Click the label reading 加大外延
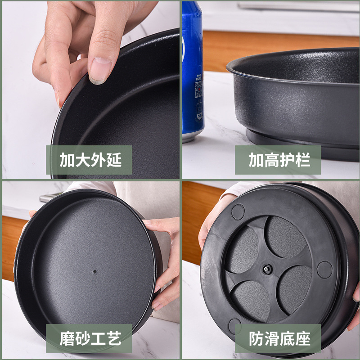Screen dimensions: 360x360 click(x=90, y=160)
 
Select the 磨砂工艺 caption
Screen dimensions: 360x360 click(x=90, y=338)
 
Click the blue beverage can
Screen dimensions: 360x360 click(x=192, y=67)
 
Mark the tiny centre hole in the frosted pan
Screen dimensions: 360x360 click(x=95, y=272)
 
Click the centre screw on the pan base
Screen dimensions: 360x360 click(x=266, y=269)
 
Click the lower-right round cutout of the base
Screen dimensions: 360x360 click(x=295, y=289)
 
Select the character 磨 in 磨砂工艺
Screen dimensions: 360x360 click(x=67, y=339)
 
